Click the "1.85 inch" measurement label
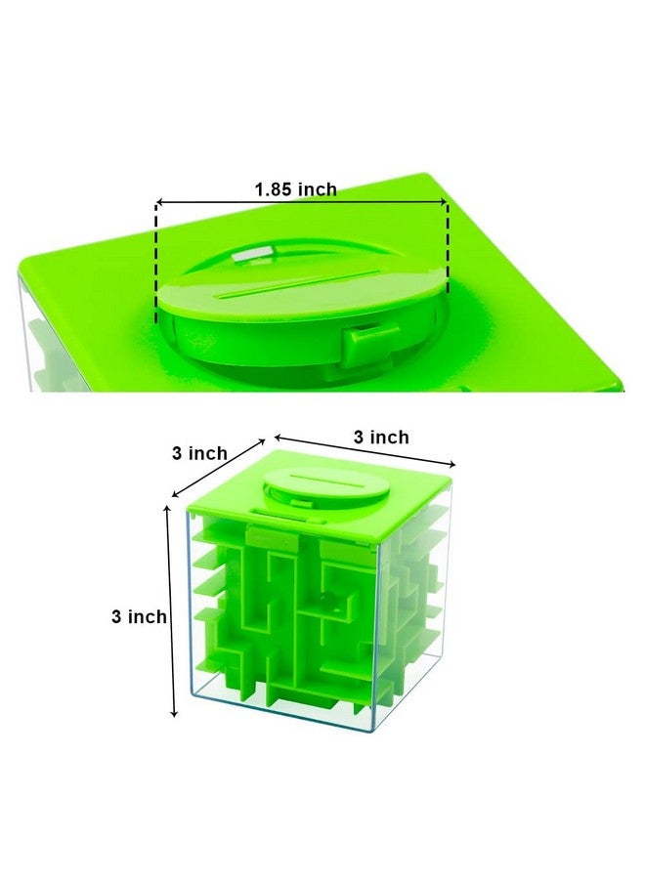click(295, 189)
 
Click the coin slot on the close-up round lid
click(293, 290)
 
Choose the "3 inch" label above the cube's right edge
click(381, 438)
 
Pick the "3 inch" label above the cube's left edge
click(199, 453)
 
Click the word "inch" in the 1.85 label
click(315, 189)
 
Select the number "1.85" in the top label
click(274, 189)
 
